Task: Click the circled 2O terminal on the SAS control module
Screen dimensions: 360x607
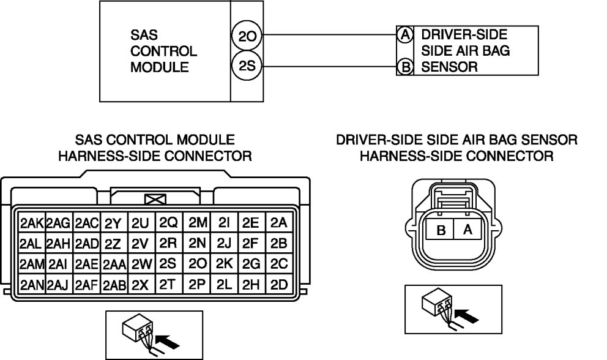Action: [x=247, y=36]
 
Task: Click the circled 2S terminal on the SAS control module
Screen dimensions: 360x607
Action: [x=247, y=66]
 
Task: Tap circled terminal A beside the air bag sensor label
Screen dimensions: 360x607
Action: [x=404, y=35]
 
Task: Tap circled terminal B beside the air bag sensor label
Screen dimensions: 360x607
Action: [x=404, y=67]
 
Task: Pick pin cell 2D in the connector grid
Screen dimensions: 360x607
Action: [x=279, y=284]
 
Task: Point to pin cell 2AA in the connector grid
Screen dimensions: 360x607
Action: [x=114, y=264]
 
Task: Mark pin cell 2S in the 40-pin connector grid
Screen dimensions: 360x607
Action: [x=168, y=263]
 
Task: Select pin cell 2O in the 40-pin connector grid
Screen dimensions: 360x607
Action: [x=197, y=263]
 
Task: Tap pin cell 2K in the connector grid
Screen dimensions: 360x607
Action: [x=225, y=263]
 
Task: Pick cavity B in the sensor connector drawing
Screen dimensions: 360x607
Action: [x=441, y=230]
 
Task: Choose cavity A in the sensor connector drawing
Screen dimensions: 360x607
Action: [x=467, y=230]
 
